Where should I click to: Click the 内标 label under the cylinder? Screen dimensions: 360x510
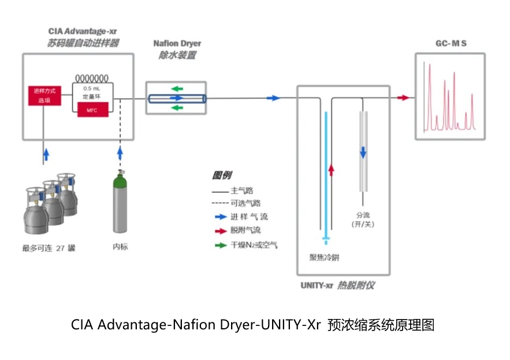[120, 247]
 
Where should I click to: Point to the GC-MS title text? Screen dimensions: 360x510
[451, 44]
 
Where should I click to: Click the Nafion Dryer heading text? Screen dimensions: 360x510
[177, 44]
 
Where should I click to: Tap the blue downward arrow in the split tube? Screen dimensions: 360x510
[363, 152]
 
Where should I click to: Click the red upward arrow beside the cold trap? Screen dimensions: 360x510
[331, 169]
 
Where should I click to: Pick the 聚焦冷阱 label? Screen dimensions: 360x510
[325, 258]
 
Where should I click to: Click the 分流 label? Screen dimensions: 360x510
[363, 213]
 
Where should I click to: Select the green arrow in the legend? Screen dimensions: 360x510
[219, 244]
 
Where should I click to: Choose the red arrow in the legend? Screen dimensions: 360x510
[219, 231]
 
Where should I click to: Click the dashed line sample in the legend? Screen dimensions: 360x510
[219, 203]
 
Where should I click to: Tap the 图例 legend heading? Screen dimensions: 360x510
[222, 176]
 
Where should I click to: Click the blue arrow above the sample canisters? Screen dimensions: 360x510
[46, 154]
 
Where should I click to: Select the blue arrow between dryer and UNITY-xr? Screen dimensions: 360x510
[273, 98]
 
